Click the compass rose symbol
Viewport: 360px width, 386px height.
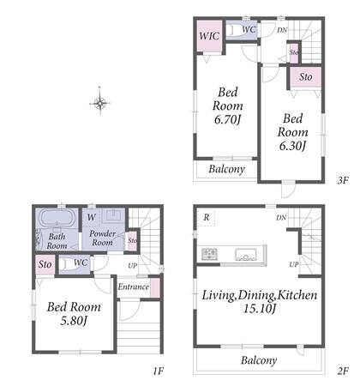99,103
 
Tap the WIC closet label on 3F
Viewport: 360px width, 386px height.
209,36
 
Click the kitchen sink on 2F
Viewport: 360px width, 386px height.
246,255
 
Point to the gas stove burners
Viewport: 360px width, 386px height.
210,254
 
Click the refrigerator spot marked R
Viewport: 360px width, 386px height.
207,217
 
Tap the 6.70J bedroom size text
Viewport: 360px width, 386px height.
228,120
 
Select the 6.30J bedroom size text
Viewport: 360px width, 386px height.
292,146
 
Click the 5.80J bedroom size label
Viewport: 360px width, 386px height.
74,321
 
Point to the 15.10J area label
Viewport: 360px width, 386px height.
260,309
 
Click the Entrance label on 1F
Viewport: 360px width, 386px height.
134,286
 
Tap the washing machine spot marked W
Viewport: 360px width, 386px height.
92,217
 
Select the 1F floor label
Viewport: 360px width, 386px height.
158,371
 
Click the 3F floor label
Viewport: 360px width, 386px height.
343,180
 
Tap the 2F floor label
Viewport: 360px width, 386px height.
343,371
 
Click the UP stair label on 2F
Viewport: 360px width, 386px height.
294,264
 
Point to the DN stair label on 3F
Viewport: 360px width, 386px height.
282,30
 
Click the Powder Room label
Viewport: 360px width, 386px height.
102,238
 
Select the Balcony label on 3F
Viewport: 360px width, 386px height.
227,169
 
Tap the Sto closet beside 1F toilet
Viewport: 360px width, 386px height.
45,264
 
